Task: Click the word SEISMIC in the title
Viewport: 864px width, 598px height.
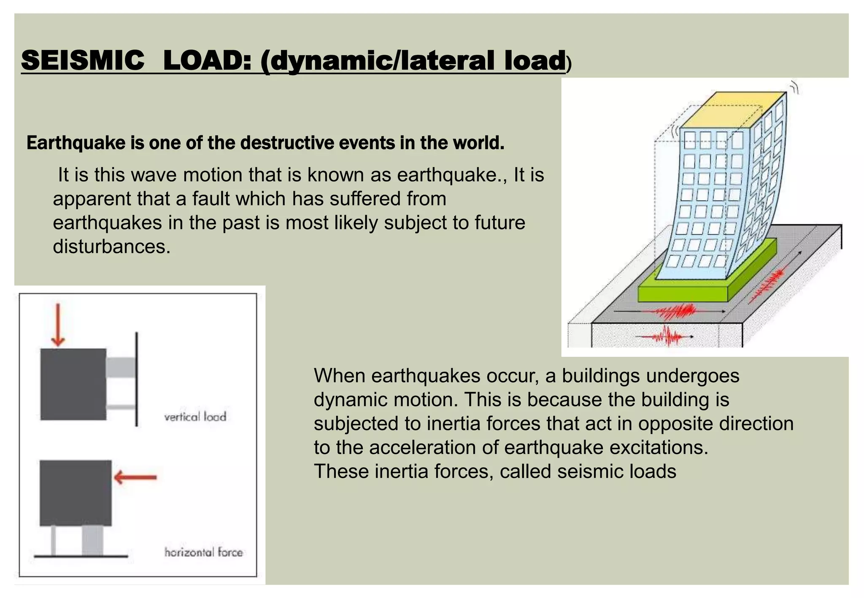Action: pos(83,60)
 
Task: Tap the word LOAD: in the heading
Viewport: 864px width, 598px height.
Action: pos(207,60)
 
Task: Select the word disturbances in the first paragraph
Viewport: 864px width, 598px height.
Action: pos(111,247)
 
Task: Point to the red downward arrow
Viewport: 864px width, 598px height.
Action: pos(58,325)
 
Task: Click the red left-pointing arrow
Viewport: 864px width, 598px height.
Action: pos(135,477)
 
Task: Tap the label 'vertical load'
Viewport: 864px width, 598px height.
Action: pos(195,417)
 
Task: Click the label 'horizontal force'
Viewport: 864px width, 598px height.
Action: pos(203,552)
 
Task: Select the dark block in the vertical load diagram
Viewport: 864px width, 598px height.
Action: pos(73,384)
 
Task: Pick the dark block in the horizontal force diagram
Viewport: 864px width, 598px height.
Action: pos(76,493)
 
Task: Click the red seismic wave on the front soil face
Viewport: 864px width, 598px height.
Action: pos(666,337)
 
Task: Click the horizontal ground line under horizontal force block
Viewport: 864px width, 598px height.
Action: pos(81,556)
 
